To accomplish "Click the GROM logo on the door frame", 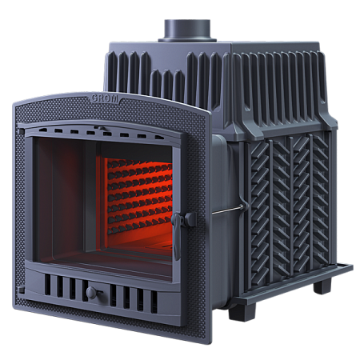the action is tap(105, 98).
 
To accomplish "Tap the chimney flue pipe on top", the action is tap(187, 30).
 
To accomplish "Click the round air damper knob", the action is tap(91, 293).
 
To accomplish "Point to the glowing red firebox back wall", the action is tap(139, 198).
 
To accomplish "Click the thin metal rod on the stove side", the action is tap(228, 210).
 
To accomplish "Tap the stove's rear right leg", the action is tap(322, 285).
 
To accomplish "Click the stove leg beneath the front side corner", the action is tap(242, 312).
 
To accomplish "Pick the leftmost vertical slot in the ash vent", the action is tap(47, 285).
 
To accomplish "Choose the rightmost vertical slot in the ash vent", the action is tap(154, 302).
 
